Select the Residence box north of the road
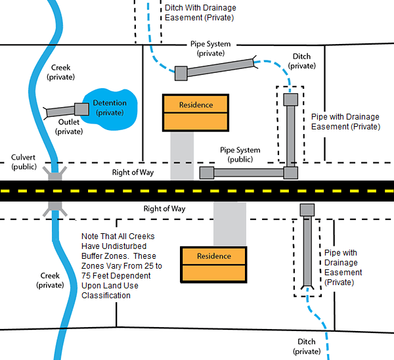[196, 112]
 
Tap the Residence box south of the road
[214, 263]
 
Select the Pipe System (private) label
[209, 49]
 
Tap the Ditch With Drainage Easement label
[200, 13]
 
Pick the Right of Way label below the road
[165, 208]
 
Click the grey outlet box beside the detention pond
[81, 108]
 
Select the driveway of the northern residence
[182, 155]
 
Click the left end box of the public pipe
[206, 173]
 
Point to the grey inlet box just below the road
[307, 210]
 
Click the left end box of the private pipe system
[181, 73]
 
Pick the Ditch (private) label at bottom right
[306, 346]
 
